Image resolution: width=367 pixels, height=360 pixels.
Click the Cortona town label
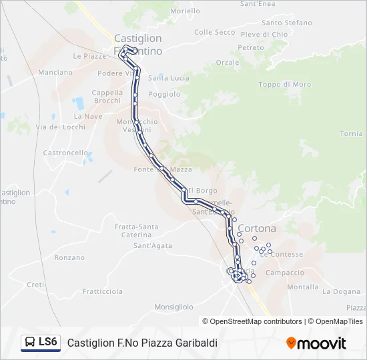[257, 228]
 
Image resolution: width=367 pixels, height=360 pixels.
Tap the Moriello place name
[185, 11]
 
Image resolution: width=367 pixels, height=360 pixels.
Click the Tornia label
[351, 134]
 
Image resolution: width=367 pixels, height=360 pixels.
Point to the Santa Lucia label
[168, 78]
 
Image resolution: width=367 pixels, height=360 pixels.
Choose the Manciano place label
[55, 72]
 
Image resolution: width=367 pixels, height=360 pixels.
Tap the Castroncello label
[65, 153]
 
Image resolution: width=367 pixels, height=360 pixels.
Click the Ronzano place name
[69, 257]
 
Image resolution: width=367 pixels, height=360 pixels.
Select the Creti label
[35, 285]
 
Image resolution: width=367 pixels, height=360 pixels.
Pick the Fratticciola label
[103, 291]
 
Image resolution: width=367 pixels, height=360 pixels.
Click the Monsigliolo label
[173, 307]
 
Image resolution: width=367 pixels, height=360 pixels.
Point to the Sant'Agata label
[153, 246]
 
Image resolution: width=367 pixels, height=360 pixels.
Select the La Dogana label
[341, 291]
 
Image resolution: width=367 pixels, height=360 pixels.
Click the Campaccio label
[285, 273]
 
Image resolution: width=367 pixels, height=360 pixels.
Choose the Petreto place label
[251, 48]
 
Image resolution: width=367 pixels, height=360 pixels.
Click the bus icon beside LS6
[31, 343]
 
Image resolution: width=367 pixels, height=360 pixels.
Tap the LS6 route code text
[48, 342]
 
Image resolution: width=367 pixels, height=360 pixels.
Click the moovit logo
[316, 343]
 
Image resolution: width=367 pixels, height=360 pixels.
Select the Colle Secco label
[214, 32]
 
